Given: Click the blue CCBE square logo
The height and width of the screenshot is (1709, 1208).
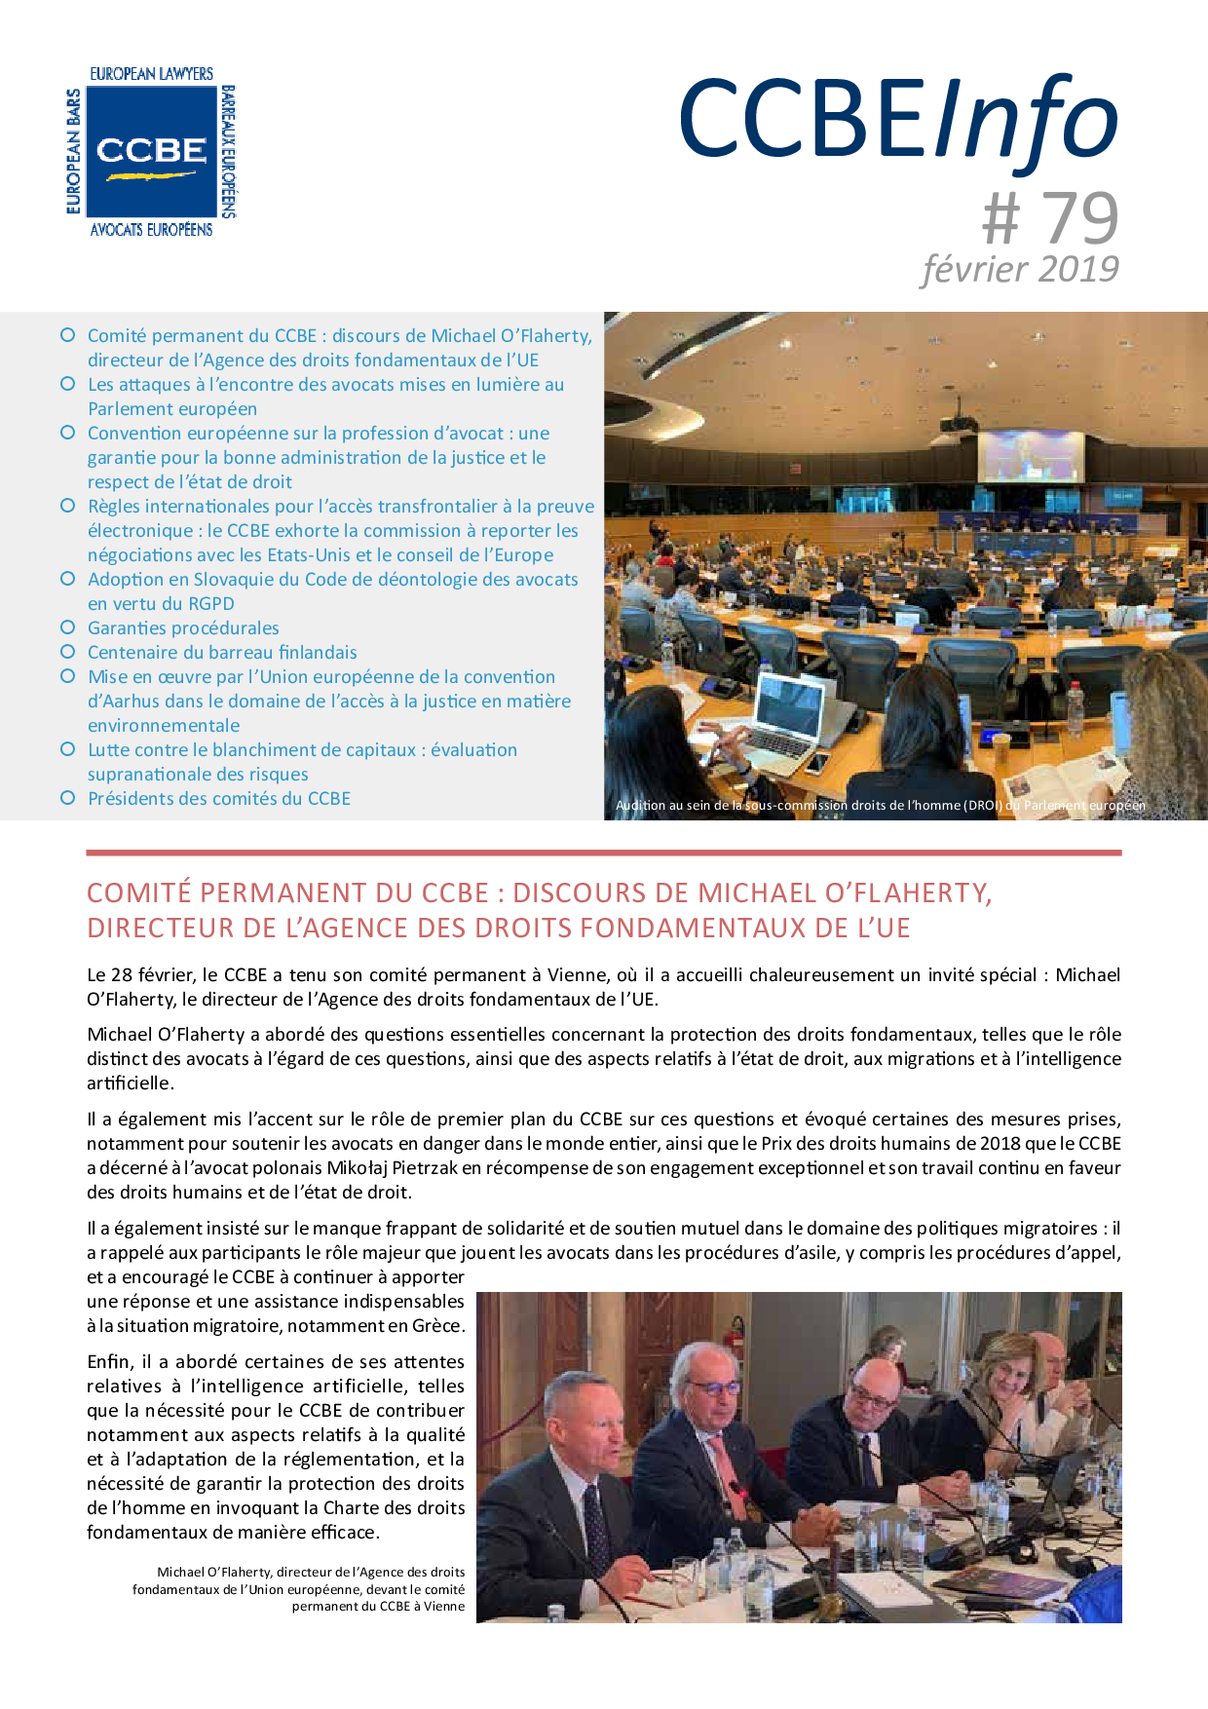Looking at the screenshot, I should click(x=151, y=152).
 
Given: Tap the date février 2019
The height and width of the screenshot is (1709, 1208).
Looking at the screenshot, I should click(x=1020, y=269).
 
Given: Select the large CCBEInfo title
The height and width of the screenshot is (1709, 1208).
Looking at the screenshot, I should click(x=898, y=121).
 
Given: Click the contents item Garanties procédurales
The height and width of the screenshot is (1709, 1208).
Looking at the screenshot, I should click(x=183, y=628).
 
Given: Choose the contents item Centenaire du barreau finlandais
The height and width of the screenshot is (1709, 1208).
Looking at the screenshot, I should click(x=222, y=653).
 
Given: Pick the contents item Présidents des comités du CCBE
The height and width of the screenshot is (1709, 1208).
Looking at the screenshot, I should click(x=219, y=799).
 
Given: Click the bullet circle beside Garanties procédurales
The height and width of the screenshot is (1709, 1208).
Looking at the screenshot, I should click(x=68, y=627).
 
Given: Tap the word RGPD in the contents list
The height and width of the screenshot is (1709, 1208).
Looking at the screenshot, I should click(x=211, y=604).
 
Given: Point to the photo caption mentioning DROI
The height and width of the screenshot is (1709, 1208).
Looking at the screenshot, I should click(x=880, y=806).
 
